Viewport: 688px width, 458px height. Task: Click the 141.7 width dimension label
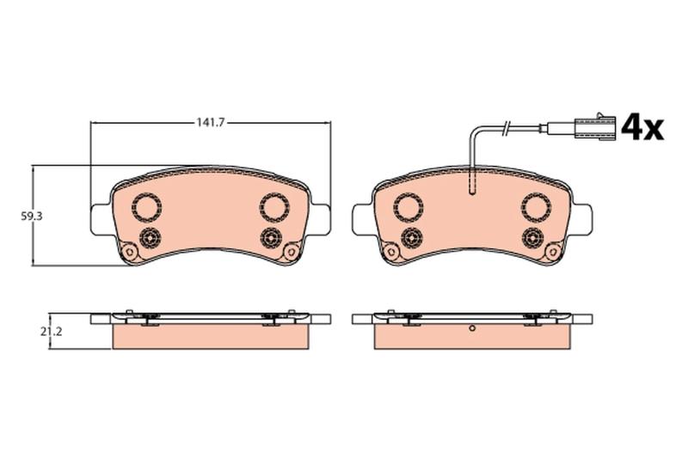210,123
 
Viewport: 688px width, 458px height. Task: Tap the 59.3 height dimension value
31,216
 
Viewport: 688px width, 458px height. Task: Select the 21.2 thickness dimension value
52,332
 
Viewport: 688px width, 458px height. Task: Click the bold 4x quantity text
642,126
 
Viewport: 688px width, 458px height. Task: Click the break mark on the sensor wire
506,127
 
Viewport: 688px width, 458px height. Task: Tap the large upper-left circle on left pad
147,207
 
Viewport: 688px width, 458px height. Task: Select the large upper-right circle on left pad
274,207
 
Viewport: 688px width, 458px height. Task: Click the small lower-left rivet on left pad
149,238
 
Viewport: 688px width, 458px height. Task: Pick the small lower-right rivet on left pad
270,238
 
